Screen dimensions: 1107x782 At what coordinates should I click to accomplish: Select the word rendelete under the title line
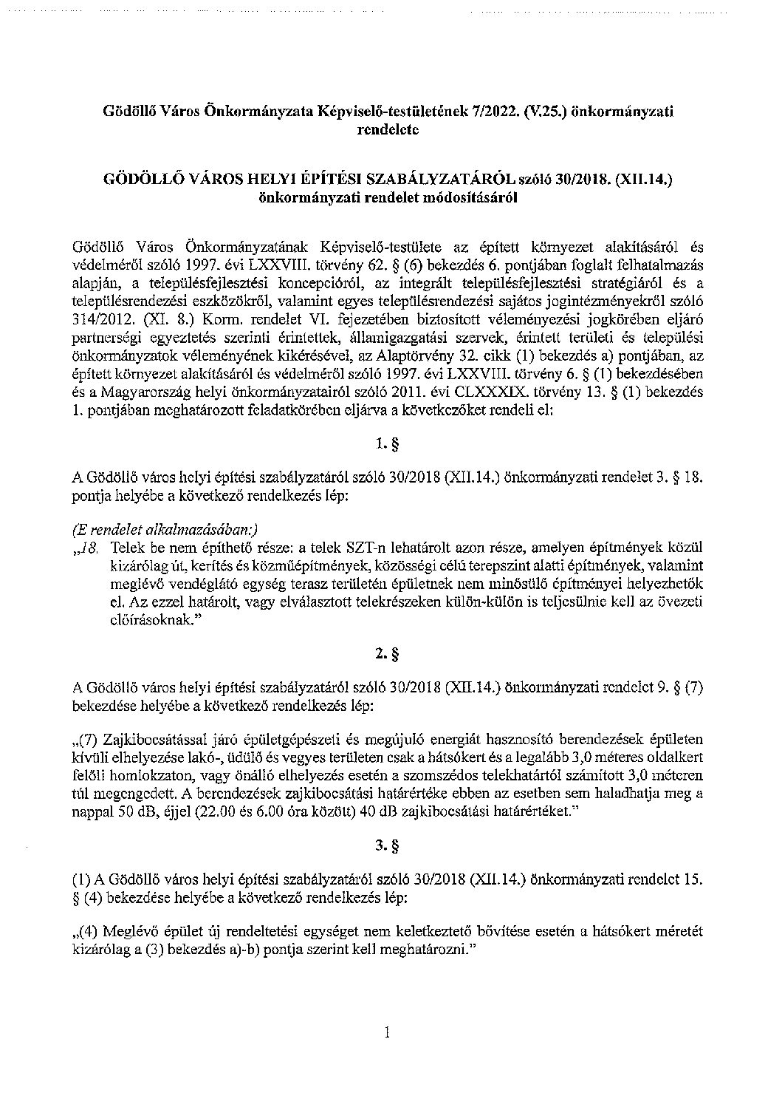click(388, 129)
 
